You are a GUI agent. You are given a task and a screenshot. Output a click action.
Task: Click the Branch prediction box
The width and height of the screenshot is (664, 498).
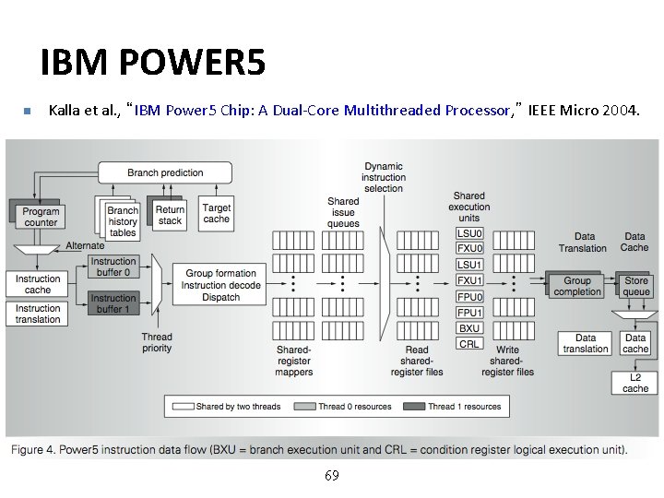coord(165,172)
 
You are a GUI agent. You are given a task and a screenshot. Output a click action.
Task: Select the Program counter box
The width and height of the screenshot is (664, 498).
coord(41,217)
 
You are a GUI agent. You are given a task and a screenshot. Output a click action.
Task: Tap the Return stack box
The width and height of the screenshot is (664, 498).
coord(170,215)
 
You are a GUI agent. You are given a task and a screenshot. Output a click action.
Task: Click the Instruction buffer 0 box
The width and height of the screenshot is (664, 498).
coord(113,267)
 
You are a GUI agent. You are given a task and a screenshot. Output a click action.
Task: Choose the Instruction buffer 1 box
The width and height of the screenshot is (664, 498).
coord(113,303)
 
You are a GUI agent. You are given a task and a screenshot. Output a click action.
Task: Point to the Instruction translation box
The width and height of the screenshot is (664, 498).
coord(38,314)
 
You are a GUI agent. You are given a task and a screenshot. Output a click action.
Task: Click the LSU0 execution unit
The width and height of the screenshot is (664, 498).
coord(469,233)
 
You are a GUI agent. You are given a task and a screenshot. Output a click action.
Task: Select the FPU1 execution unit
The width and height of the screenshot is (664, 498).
coord(469,313)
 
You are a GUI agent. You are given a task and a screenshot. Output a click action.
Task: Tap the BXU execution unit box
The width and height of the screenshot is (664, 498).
coord(469,328)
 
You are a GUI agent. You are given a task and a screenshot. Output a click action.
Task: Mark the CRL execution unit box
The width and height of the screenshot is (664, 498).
coord(469,344)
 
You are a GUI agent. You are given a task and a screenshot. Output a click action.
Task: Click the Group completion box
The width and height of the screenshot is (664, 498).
coord(577,286)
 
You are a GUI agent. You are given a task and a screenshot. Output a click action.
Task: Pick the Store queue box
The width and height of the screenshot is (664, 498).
coord(636,286)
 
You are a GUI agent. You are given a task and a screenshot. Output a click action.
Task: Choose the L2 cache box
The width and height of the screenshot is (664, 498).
coord(635,383)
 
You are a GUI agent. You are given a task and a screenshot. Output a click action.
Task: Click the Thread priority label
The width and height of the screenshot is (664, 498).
coord(157,343)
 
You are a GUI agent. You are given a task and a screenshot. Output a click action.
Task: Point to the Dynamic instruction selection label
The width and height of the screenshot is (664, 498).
coord(384,177)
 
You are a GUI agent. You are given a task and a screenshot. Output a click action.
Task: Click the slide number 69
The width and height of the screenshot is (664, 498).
coord(332,476)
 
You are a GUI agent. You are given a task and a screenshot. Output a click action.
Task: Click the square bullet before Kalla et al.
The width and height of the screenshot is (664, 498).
coord(27,112)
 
